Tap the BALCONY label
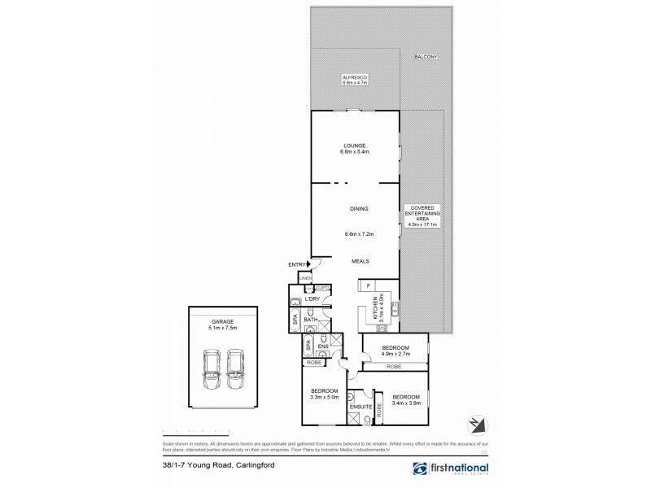click(x=426, y=57)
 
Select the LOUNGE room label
click(x=355, y=146)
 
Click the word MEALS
click(x=360, y=261)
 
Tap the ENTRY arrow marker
click(x=308, y=264)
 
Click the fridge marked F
click(x=368, y=285)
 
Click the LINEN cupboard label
click(x=306, y=279)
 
